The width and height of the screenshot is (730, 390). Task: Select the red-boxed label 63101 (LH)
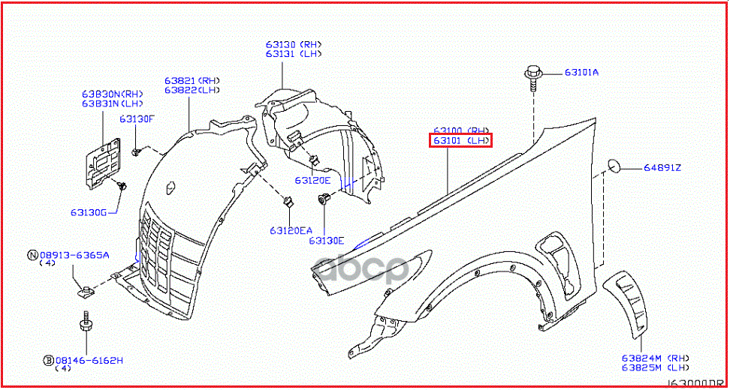point(460,140)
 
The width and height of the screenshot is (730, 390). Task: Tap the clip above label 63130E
point(324,199)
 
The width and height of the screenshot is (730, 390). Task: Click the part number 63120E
point(312,180)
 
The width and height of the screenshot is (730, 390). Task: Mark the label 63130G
point(89,212)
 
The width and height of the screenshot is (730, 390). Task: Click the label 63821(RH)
point(192,80)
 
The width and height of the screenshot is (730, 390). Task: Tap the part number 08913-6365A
point(74,255)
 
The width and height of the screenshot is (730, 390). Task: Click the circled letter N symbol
point(32,255)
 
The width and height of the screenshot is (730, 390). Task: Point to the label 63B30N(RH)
point(112,94)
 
